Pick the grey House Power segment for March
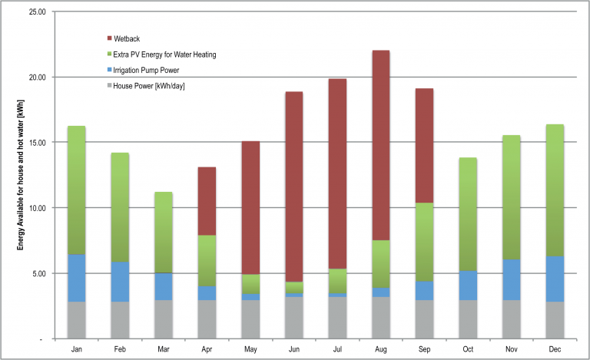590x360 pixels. coord(164,319)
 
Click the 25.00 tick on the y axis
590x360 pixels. coord(35,12)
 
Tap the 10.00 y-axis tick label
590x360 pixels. coord(35,208)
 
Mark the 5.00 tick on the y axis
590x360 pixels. coord(38,273)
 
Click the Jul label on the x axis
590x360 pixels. coord(338,348)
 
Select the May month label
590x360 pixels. coord(251,348)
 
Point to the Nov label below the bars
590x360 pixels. coord(512,348)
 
